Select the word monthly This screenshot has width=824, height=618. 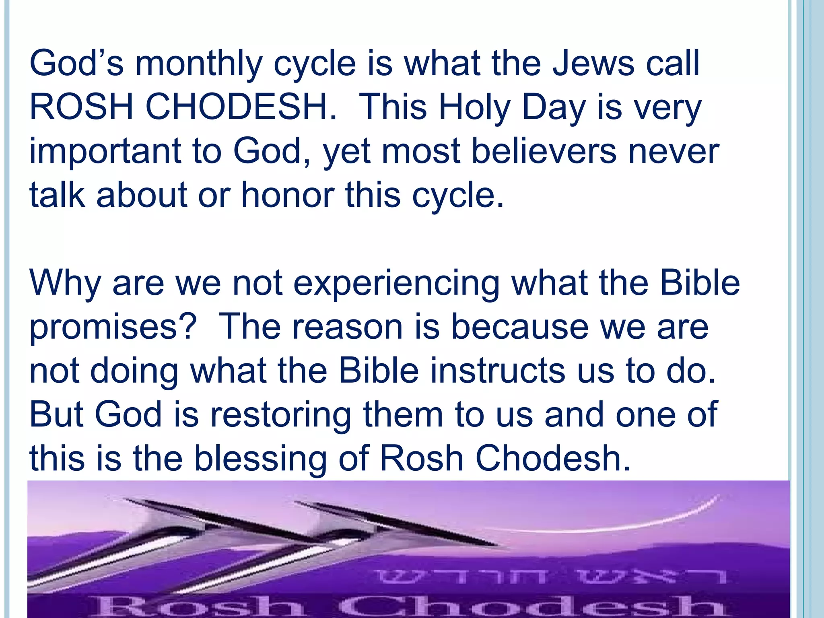[x=199, y=64]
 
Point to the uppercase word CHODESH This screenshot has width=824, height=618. [x=240, y=107]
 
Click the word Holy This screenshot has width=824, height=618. [x=474, y=108]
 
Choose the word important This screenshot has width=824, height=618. [x=105, y=152]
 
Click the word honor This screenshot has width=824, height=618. [x=288, y=195]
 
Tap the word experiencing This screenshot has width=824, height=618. [x=396, y=284]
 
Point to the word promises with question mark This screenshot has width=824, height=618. [x=113, y=328]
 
